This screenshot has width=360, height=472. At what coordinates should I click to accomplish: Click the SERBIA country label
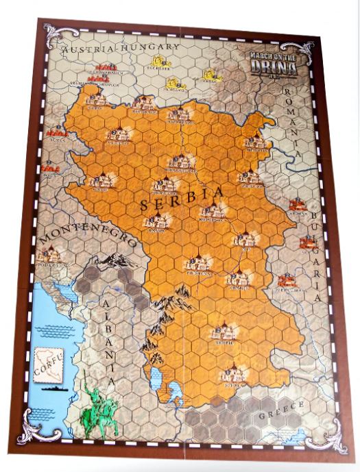182,199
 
